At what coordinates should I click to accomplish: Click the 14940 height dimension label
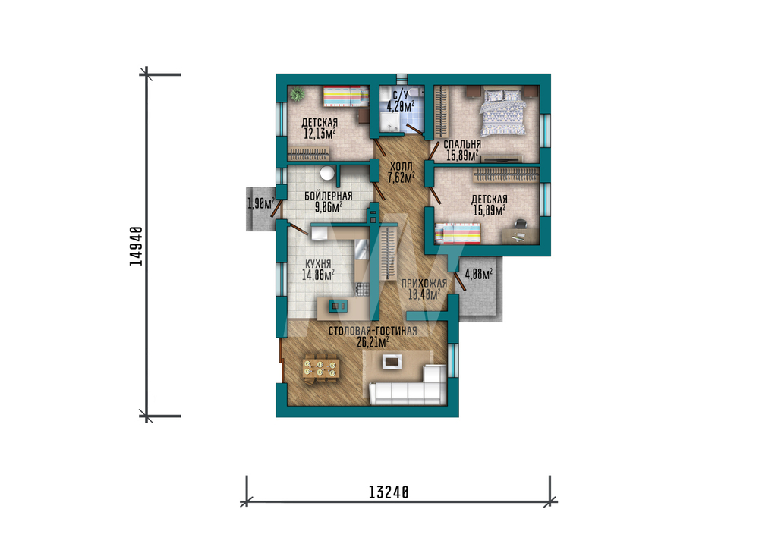(137, 246)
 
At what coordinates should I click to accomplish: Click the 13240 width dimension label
(389, 492)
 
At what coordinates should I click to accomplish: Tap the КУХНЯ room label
(318, 264)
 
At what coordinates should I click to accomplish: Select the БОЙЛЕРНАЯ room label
(328, 196)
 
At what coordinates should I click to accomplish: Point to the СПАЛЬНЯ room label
(462, 144)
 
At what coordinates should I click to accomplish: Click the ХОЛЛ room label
(402, 167)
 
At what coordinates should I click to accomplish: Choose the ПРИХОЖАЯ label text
(424, 283)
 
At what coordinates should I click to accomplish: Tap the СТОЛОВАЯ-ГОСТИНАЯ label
(373, 332)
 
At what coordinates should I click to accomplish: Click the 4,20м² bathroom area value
(400, 105)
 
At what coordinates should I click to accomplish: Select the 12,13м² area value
(320, 134)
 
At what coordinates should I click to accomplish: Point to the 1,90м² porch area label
(261, 203)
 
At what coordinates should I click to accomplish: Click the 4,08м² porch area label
(479, 275)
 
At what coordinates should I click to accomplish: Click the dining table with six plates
(320, 369)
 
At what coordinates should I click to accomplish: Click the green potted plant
(295, 94)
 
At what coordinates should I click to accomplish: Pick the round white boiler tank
(328, 173)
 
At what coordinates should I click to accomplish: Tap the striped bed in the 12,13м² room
(345, 97)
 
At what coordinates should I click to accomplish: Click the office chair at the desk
(520, 225)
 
